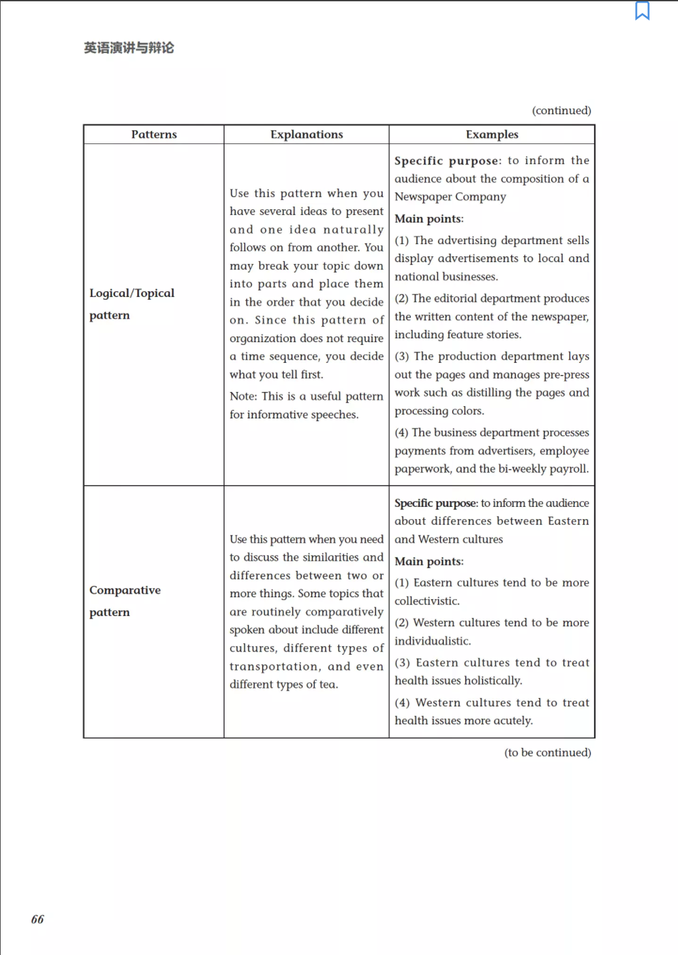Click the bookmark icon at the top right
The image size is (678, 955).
tap(642, 11)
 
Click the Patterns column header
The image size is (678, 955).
tap(154, 134)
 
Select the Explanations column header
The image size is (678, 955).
tap(306, 134)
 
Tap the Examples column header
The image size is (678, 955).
tap(492, 134)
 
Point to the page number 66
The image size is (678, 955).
tap(37, 919)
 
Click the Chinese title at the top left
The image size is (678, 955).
tap(129, 48)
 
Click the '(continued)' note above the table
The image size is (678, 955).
tap(561, 110)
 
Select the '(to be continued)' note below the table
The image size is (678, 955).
tap(547, 752)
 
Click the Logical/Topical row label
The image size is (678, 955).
tap(132, 293)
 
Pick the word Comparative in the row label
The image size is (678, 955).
tap(125, 590)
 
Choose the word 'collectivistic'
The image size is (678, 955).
tap(426, 601)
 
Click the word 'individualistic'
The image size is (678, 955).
tap(432, 641)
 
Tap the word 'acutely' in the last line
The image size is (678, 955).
tap(512, 721)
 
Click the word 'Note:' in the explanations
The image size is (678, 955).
tap(243, 396)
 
